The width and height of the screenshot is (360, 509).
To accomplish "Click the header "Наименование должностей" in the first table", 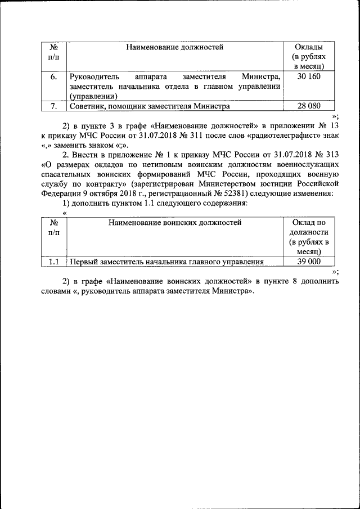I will pyautogui.click(x=175, y=47).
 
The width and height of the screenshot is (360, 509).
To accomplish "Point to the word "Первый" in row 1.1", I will pyautogui.click(x=82, y=262).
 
